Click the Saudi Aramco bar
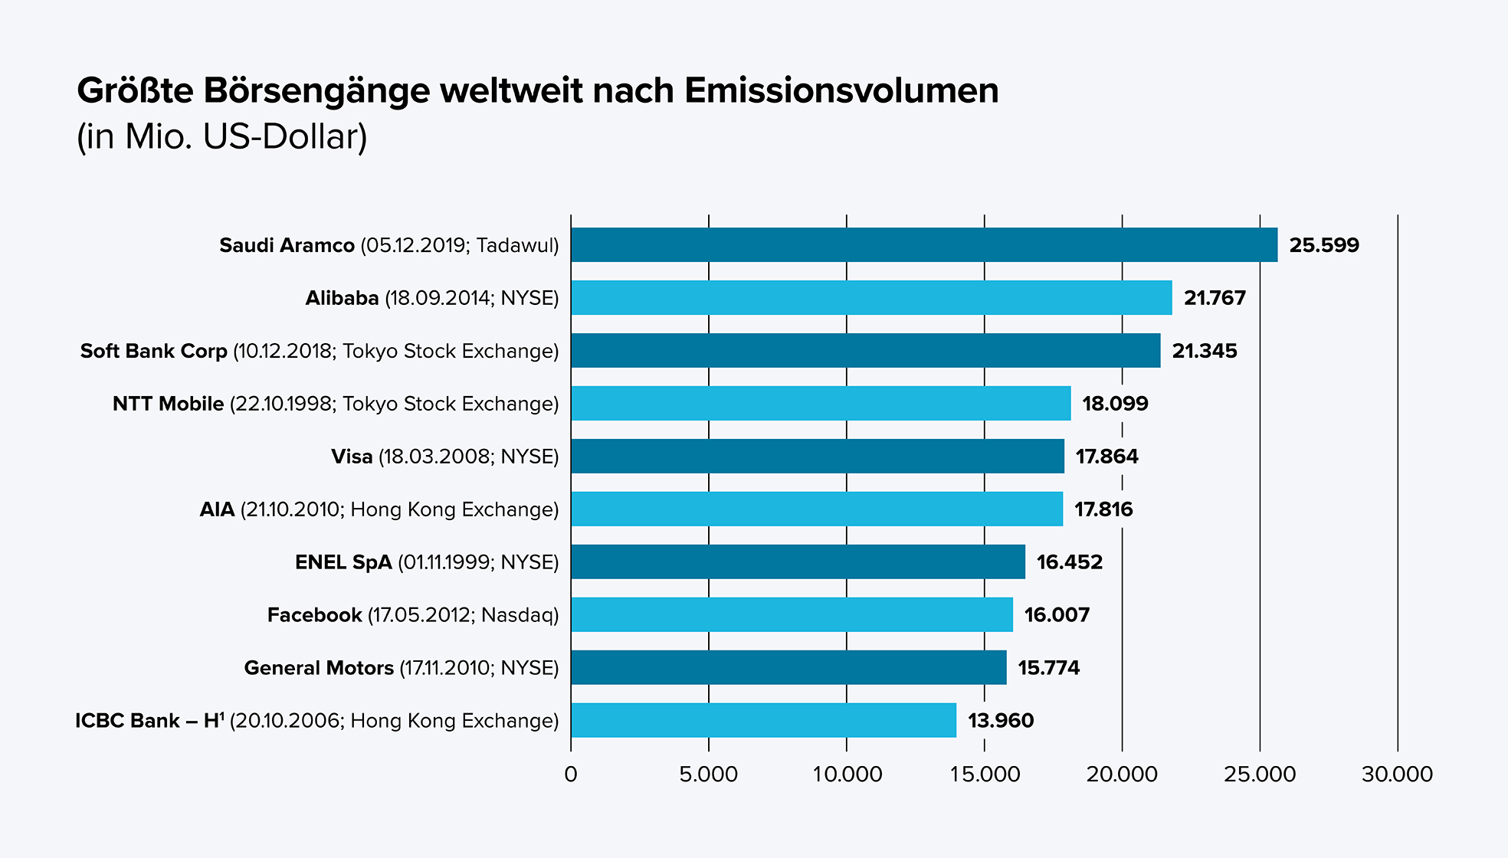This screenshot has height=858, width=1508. (x=923, y=245)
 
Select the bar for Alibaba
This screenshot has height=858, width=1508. (x=871, y=298)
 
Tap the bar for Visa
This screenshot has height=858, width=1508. (x=817, y=457)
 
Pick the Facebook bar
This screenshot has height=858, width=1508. (x=792, y=615)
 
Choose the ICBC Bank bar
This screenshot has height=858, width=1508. (x=763, y=721)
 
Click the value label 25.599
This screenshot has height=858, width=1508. (x=1323, y=246)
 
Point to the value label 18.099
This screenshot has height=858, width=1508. (x=1115, y=404)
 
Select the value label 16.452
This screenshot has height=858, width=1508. (x=1069, y=562)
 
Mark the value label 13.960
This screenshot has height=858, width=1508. (x=1001, y=721)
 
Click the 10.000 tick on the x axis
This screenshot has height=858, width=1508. (x=847, y=774)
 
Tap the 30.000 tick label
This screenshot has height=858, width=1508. (x=1397, y=774)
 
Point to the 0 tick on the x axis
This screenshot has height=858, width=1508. (x=571, y=774)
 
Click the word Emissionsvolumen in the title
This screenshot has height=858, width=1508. (x=841, y=91)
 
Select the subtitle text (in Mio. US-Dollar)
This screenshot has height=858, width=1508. (x=222, y=137)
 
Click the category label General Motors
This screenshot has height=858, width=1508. (x=319, y=668)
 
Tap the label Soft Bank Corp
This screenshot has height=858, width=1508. (x=154, y=351)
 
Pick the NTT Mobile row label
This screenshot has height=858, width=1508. (x=168, y=404)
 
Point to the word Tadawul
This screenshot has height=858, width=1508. (x=516, y=246)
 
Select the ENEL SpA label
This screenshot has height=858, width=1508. (x=343, y=562)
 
